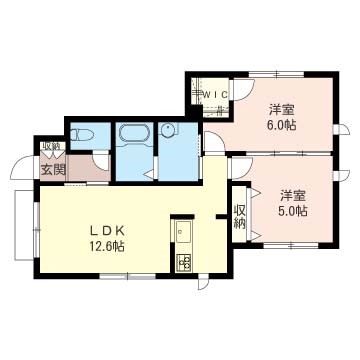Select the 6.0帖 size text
tap(281, 126)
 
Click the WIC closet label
tap(213, 95)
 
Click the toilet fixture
tap(83, 135)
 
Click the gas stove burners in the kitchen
tap(184, 264)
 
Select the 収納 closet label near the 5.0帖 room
tap(240, 216)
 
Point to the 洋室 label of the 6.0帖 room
tap(280, 109)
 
